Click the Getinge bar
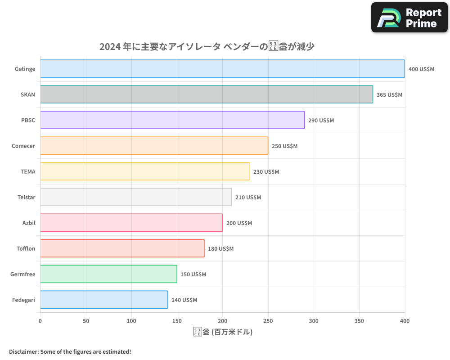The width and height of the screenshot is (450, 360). coord(222,69)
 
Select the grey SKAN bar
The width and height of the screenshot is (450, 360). coord(207,94)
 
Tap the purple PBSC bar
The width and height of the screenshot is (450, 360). coord(172,120)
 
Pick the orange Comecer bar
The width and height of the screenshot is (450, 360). coord(154,146)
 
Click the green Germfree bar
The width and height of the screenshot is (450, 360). coord(108,274)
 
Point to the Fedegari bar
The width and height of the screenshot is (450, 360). coord(104,300)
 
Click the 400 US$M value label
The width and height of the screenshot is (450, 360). coord(421,69)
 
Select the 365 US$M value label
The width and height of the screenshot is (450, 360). coord(389,95)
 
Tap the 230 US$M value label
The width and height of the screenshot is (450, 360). coord(266,172)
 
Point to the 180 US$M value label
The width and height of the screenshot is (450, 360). coord(220,249)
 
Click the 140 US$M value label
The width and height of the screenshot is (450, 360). coord(184,300)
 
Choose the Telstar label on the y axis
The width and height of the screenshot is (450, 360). coord(27,197)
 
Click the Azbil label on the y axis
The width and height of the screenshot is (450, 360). coord(29,223)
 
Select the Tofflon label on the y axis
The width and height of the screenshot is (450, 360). coord(26,248)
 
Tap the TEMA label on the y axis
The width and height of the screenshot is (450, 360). coord(28,171)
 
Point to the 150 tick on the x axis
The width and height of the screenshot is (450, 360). coord(177,321)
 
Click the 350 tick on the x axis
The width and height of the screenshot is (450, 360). coord(359,321)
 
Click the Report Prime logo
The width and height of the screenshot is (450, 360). coord(409,18)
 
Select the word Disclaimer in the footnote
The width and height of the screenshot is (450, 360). coord(23,351)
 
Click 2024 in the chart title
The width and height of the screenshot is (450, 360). coord(110,46)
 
